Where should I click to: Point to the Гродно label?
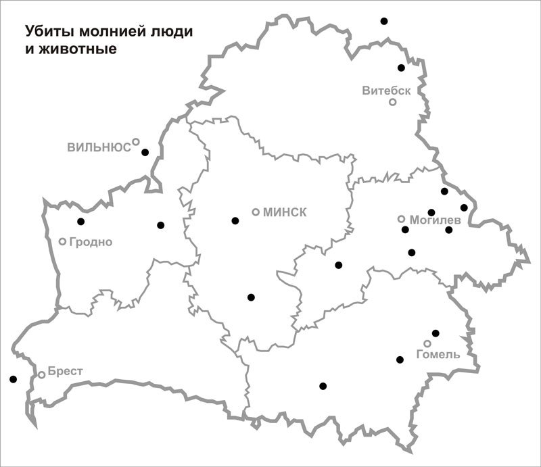click(90, 242)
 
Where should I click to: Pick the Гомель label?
click(438, 354)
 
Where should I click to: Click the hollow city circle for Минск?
click(256, 212)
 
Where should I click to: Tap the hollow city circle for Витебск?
click(392, 102)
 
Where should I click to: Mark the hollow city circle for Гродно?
click(63, 241)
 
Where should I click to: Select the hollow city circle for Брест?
click(42, 374)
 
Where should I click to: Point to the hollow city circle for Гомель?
click(427, 343)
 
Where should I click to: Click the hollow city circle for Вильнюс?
click(136, 142)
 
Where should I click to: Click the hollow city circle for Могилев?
click(401, 219)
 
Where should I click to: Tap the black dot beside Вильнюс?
click(145, 152)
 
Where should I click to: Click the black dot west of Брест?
click(13, 379)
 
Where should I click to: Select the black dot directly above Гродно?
click(81, 221)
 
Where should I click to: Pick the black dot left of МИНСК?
click(235, 220)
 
